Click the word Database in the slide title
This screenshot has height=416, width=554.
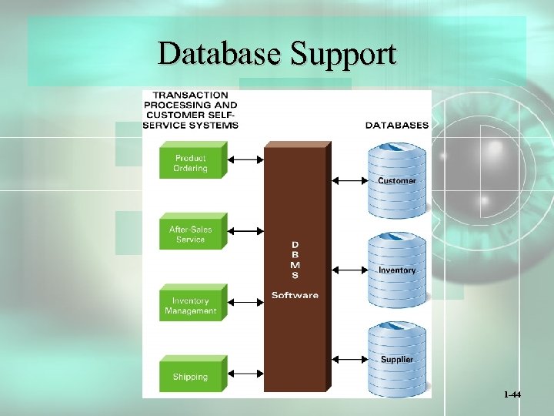coord(220,54)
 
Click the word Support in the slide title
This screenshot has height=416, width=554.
coord(343,54)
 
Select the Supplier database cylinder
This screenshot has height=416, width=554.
coord(396,359)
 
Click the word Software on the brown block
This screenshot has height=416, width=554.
coord(295,295)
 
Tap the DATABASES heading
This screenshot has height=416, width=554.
coord(396,125)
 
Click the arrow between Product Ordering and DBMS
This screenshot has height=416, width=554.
coord(246,159)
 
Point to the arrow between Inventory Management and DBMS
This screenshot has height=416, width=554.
coord(246,303)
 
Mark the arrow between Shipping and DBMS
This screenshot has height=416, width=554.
coord(246,374)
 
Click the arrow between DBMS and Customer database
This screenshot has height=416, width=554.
coord(349,181)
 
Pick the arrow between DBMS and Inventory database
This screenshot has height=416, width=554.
coord(349,270)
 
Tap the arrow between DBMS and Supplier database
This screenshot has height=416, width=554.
coord(349,359)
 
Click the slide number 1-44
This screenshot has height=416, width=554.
coord(512,394)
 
